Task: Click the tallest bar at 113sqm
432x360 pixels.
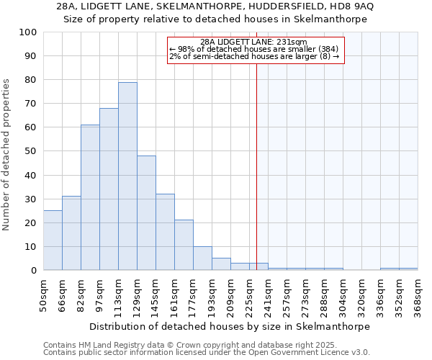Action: (x=127, y=176)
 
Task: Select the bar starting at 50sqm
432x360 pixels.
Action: (x=53, y=240)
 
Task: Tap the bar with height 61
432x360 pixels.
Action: (x=90, y=197)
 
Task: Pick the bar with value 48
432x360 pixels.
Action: (x=146, y=213)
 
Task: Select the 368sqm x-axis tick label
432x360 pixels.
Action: (x=418, y=294)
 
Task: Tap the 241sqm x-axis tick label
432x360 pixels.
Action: (x=268, y=294)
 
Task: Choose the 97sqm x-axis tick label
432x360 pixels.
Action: (x=99, y=294)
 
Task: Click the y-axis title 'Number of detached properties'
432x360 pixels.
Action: (x=7, y=155)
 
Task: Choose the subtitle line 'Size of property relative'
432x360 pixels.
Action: (x=215, y=19)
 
